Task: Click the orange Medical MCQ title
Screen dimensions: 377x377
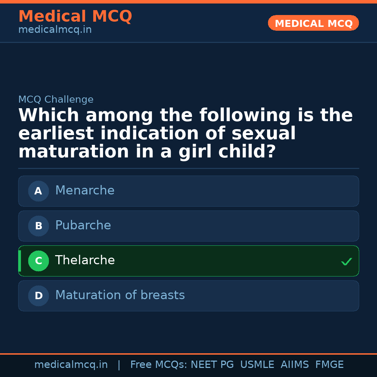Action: [75, 16]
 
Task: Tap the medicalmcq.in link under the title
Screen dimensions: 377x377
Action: [55, 30]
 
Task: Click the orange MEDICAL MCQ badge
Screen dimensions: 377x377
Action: [313, 23]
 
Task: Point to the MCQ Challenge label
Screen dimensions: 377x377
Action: [56, 99]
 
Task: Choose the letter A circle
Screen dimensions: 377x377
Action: [38, 191]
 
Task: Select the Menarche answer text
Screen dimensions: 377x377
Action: [85, 191]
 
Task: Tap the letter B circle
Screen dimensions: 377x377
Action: [38, 226]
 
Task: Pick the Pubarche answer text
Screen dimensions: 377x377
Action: [83, 226]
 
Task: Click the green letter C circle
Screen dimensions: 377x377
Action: [38, 261]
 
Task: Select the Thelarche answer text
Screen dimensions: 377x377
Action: [85, 260]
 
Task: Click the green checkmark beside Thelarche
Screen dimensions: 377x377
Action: [346, 261]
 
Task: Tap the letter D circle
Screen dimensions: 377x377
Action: [38, 296]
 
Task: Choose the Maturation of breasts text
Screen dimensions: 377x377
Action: [120, 295]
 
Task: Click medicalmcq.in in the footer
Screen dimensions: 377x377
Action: [71, 365]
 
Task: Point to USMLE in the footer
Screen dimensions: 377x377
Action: [257, 365]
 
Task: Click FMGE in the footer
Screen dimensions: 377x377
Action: [330, 365]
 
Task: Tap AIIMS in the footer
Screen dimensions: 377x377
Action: [295, 365]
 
